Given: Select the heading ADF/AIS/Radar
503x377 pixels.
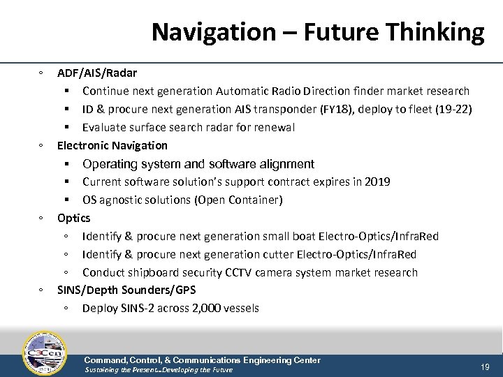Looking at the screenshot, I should coord(97,73).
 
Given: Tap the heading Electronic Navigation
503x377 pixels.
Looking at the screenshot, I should coord(112,145).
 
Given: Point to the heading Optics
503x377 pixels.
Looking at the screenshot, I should coord(74,218).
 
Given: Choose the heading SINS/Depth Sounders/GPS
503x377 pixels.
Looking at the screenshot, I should coord(126,290).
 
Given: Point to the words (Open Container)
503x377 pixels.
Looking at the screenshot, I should coord(240,200).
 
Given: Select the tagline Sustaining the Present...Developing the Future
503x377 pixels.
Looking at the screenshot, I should coord(158,370).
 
